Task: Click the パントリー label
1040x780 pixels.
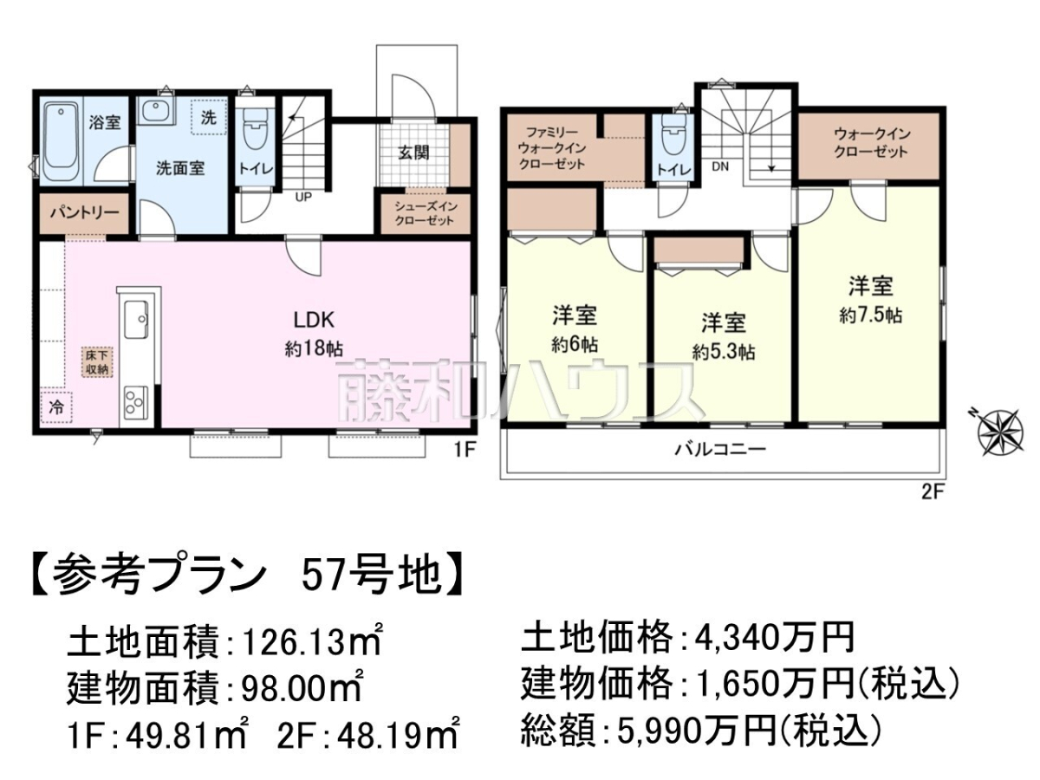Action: click(84, 211)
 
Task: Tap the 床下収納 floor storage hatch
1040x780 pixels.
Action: click(97, 363)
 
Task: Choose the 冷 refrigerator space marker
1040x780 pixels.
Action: click(56, 407)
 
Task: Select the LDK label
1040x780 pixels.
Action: click(314, 321)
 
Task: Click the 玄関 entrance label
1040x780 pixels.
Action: click(413, 153)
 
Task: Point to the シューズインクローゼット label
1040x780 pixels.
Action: click(424, 213)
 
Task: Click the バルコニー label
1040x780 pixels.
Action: click(720, 448)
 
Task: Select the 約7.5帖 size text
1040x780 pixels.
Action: click(870, 315)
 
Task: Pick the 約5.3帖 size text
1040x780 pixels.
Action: click(724, 353)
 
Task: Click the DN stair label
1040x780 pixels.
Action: click(720, 166)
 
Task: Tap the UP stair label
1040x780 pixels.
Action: click(303, 197)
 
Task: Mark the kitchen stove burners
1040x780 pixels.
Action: click(136, 402)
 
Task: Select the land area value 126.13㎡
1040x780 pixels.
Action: click(311, 641)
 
